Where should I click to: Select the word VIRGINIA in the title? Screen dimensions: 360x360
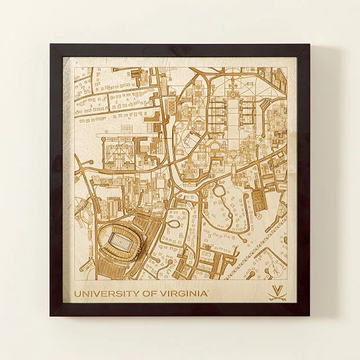(x=183, y=293)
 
